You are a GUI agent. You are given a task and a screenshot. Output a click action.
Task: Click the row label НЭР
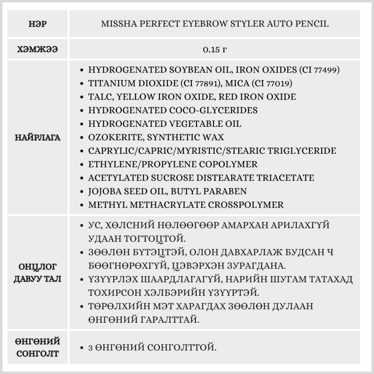(37, 24)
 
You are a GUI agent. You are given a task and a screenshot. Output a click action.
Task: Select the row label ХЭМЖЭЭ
(37, 50)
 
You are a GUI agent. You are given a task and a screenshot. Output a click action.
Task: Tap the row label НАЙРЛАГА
(37, 137)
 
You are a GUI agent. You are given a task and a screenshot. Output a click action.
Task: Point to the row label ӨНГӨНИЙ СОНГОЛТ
(37, 347)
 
